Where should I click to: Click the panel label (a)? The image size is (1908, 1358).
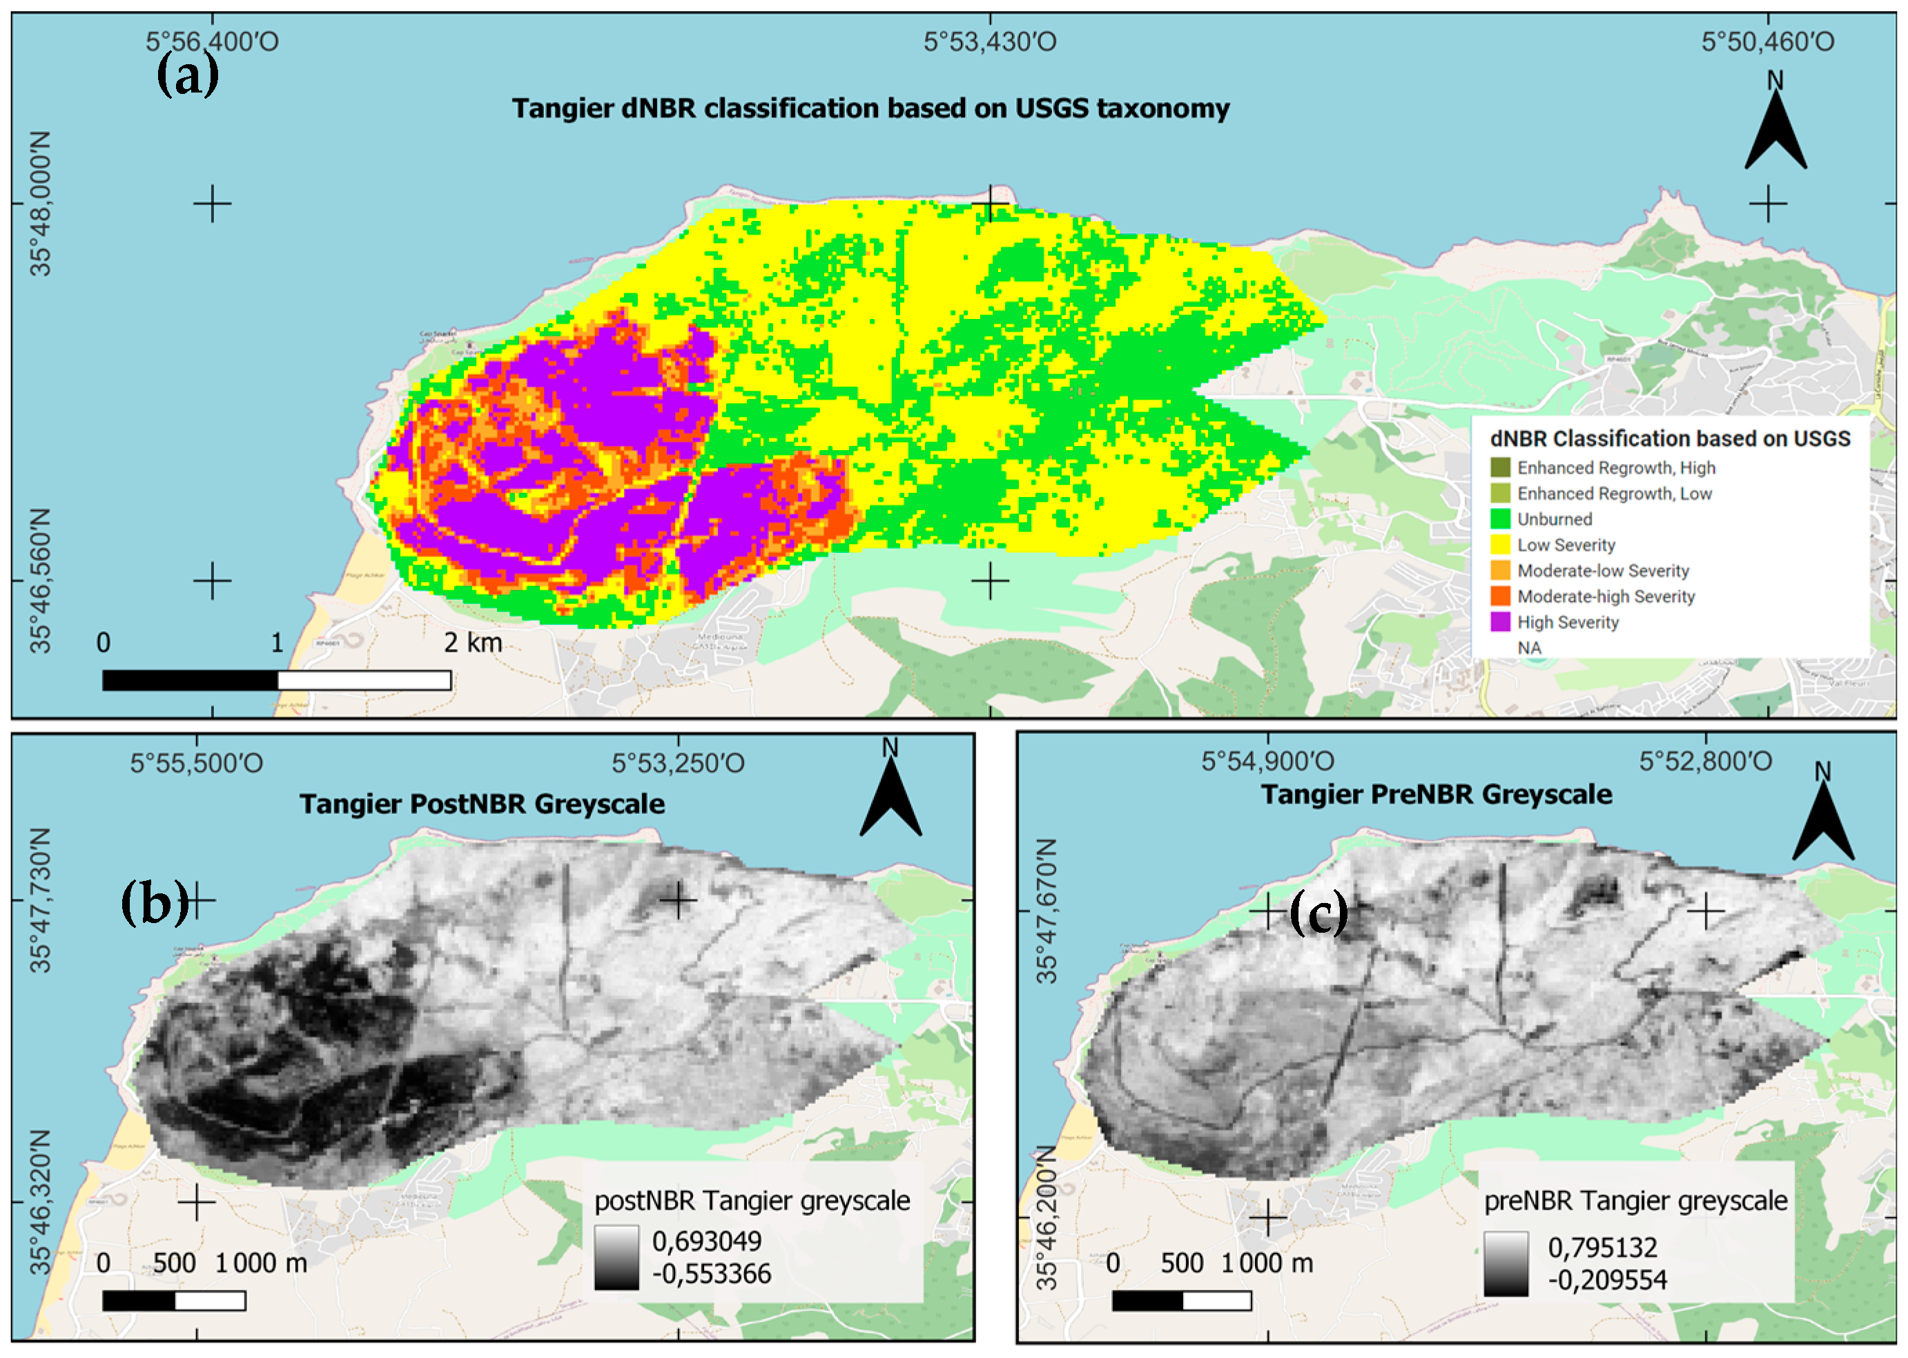click(188, 75)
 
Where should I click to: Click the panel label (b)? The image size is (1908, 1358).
click(155, 904)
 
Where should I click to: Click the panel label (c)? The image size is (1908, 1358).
click(1318, 913)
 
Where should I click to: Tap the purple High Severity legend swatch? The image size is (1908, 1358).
click(1501, 622)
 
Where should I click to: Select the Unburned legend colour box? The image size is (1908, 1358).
click(1501, 519)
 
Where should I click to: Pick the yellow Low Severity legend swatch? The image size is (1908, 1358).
click(1501, 545)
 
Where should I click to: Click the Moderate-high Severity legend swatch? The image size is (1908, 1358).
click(1501, 596)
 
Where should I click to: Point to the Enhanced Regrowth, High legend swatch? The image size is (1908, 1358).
click(1501, 467)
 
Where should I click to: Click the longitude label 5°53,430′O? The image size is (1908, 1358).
click(990, 42)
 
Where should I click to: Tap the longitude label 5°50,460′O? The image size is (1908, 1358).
click(1768, 42)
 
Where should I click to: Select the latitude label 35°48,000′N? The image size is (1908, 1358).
click(40, 203)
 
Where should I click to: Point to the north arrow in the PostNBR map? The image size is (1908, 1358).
click(890, 795)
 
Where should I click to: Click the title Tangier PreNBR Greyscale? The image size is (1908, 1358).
click(1437, 795)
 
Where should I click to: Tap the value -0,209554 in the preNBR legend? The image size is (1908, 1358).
click(1607, 1279)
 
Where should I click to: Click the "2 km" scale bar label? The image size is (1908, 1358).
click(474, 643)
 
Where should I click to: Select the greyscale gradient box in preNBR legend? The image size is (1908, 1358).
click(1506, 1263)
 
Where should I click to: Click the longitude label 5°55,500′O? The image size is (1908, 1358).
click(197, 764)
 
